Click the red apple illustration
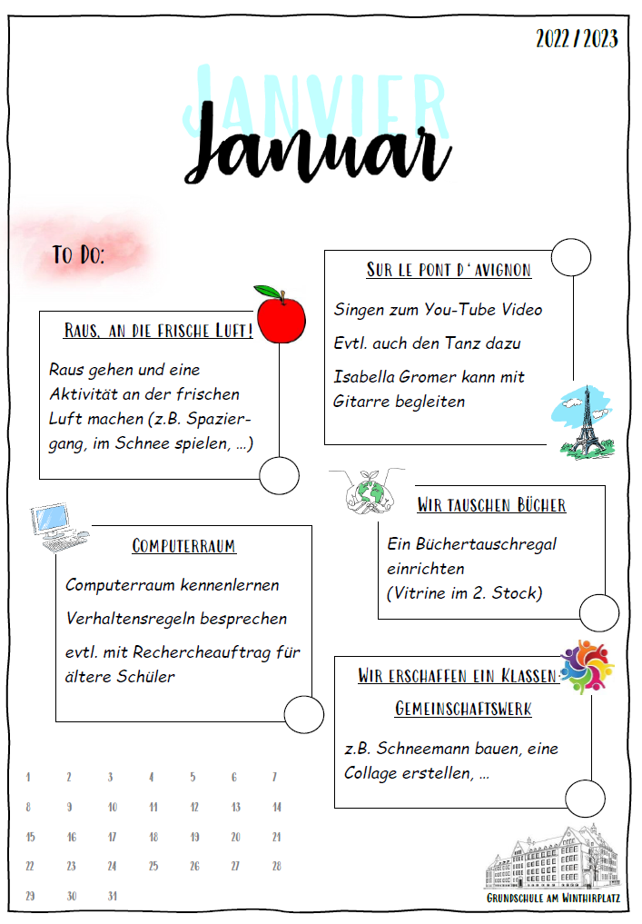pyautogui.click(x=280, y=314)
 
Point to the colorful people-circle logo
pyautogui.click(x=587, y=667)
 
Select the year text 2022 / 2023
pyautogui.click(x=577, y=39)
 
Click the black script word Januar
pyautogui.click(x=322, y=148)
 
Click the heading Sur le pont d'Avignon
pyautogui.click(x=449, y=270)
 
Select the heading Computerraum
pyautogui.click(x=183, y=546)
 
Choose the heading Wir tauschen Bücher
pyautogui.click(x=491, y=505)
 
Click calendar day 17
pyautogui.click(x=112, y=837)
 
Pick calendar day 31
pyautogui.click(x=112, y=895)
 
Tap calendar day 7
pyautogui.click(x=274, y=777)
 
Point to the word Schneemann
pyautogui.click(x=436, y=749)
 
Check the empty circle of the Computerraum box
pyautogui.click(x=303, y=715)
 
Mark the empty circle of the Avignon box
pyautogui.click(x=570, y=258)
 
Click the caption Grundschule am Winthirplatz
pyautogui.click(x=551, y=898)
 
